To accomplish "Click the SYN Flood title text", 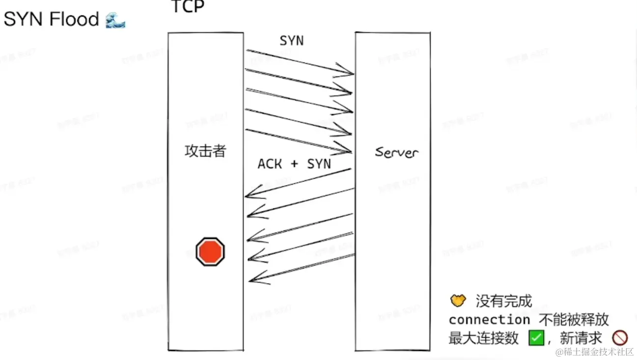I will point(51,20).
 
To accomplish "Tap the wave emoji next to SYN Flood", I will point(115,20).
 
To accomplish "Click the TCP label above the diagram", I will point(188,7).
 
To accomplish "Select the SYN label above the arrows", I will point(292,41).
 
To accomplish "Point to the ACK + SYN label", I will point(294,164).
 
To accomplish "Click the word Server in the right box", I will point(396,152).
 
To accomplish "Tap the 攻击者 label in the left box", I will point(205,151).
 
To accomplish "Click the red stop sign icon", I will point(210,251).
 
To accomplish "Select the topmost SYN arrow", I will point(300,62).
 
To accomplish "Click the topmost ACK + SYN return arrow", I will point(299,183).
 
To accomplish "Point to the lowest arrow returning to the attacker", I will point(302,268).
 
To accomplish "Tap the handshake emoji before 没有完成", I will point(458,300).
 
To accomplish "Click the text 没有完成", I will point(504,301).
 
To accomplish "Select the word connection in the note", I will point(489,320).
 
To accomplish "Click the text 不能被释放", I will point(574,320).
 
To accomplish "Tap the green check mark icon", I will point(536,338).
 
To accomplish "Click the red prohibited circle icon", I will point(620,338).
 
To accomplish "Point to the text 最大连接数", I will point(483,338).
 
